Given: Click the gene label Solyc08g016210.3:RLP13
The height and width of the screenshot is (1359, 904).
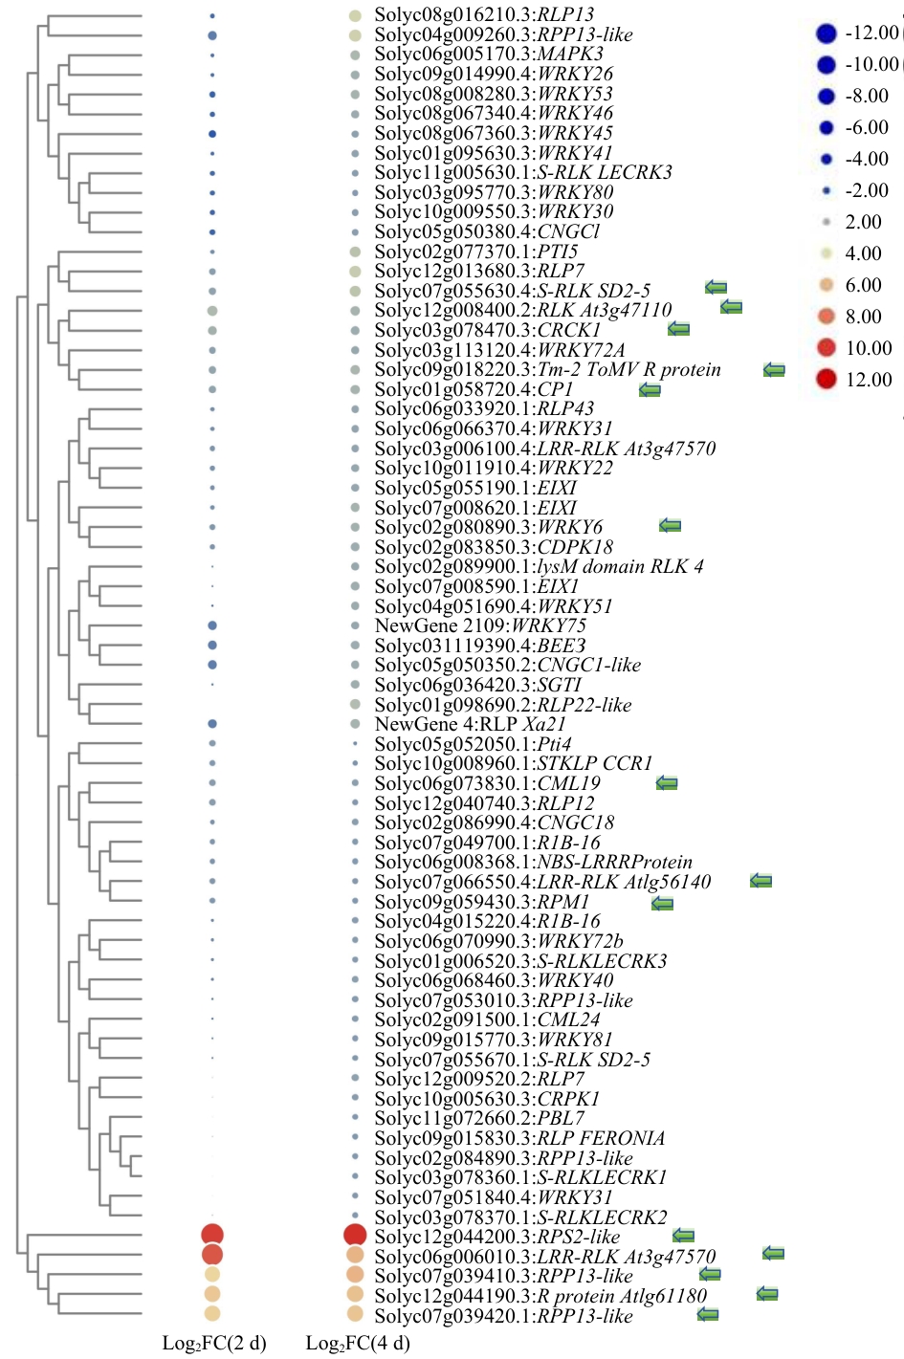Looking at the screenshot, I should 484,14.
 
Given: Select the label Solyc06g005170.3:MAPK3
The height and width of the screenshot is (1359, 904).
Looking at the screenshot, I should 489,54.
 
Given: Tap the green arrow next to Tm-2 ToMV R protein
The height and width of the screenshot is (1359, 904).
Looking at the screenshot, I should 774,370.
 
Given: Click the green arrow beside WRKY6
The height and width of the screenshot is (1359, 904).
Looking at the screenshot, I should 670,526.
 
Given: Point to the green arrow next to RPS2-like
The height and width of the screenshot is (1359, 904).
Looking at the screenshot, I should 683,1236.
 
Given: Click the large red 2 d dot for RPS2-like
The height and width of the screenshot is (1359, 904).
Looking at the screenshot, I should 212,1235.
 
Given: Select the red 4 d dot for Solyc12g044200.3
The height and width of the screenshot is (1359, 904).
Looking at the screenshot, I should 355,1235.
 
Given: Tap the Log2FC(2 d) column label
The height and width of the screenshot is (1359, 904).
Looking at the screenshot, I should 214,1343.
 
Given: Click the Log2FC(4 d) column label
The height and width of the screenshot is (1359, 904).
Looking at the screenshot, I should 358,1343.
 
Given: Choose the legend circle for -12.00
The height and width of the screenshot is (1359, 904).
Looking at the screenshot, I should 827,33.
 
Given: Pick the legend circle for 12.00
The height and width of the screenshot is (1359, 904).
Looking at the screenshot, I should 827,379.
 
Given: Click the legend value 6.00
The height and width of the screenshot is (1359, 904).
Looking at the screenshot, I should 863,285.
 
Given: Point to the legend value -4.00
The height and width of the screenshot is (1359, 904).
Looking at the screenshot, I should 867,159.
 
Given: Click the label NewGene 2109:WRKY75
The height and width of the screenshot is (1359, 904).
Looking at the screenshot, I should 480,625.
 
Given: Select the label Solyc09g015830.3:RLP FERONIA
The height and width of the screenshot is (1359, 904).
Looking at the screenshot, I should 519,1138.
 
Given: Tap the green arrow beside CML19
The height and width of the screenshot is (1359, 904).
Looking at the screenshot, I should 667,783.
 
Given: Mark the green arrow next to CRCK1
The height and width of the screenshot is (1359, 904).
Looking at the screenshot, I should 678,329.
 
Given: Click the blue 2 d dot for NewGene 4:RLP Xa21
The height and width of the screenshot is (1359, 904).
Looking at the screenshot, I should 212,724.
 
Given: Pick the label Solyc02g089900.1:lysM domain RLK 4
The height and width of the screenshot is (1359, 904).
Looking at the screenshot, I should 539,566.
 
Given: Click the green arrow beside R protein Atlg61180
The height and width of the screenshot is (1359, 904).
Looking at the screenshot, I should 766,1294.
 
